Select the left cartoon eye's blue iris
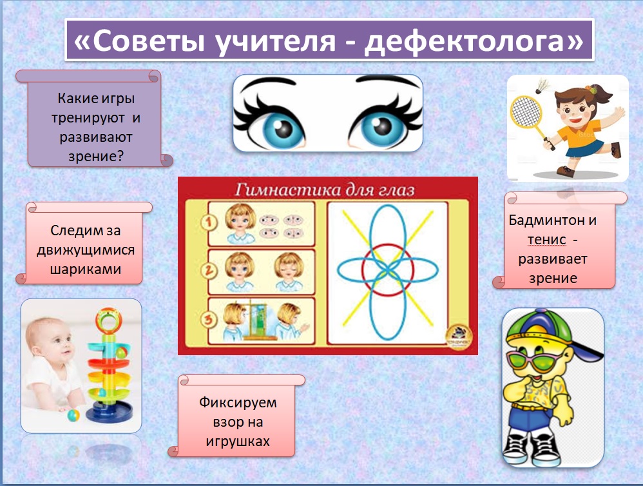282,129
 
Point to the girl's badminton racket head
526,112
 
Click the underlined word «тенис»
546,240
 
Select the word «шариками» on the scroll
85,269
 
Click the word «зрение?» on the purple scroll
95,157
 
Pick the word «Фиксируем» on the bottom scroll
238,402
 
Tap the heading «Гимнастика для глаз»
325,190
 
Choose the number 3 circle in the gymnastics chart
208,320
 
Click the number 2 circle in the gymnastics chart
208,271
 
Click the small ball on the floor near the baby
73,416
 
